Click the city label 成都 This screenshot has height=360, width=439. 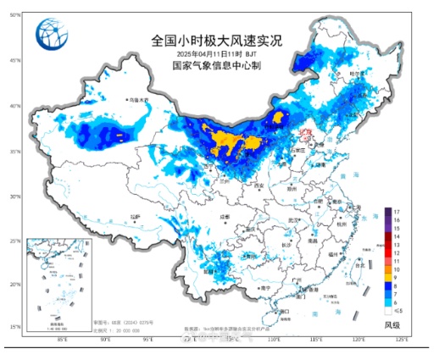pos(225,218)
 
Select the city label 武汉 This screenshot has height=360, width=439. pos(293,220)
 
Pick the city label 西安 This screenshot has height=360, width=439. pos(258,186)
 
